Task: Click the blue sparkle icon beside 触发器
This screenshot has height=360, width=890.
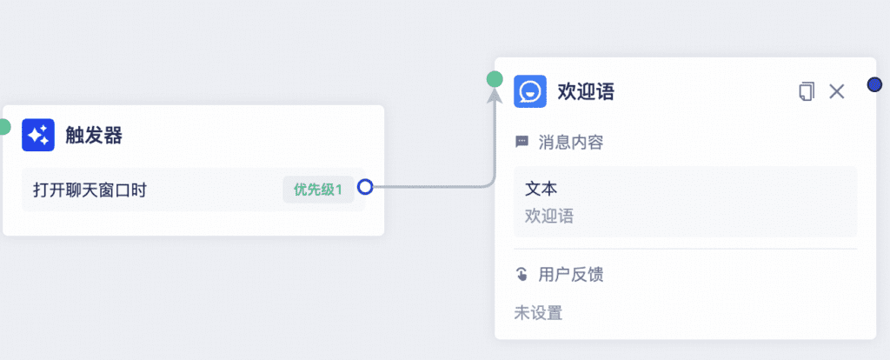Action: [x=38, y=135]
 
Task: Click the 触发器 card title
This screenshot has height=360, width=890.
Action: [x=94, y=136]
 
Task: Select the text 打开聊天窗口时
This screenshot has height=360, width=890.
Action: [x=90, y=190]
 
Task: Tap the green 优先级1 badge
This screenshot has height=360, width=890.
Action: [x=318, y=190]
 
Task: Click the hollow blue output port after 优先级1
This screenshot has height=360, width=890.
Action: [x=366, y=186]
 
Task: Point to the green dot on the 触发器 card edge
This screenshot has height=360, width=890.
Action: [x=3, y=127]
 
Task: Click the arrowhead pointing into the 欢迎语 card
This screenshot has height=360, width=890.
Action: [x=495, y=97]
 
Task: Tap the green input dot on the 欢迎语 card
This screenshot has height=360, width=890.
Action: [x=495, y=79]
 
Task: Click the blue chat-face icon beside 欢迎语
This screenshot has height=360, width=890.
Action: [x=530, y=91]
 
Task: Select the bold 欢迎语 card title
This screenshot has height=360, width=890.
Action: [x=587, y=91]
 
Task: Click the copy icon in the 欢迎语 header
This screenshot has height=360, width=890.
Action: [x=806, y=91]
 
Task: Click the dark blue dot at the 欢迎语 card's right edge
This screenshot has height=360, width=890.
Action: [x=874, y=85]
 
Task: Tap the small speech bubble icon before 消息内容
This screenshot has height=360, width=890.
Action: [x=521, y=142]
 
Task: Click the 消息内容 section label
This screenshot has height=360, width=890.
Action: [x=570, y=142]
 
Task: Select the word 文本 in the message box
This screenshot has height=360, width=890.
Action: [x=541, y=189]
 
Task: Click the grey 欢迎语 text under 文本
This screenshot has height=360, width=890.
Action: [x=549, y=216]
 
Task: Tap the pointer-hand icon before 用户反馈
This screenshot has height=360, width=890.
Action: [x=521, y=275]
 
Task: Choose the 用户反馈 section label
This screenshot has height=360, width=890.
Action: [x=570, y=275]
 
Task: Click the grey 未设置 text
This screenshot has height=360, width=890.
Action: [x=538, y=313]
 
